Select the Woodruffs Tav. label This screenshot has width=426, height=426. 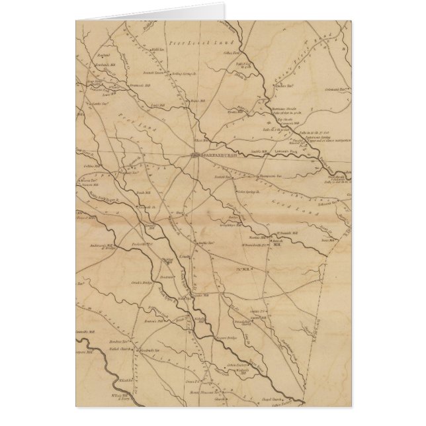(149, 349)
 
